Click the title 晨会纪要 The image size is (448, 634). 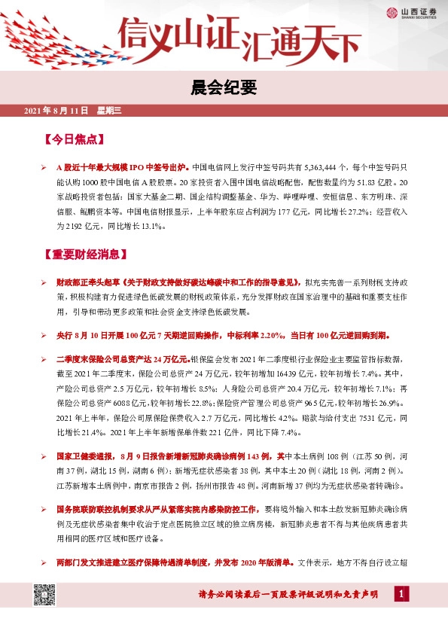pos(224,89)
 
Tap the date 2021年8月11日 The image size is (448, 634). pos(56,111)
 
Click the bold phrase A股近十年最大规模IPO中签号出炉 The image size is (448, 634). pos(123,169)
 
